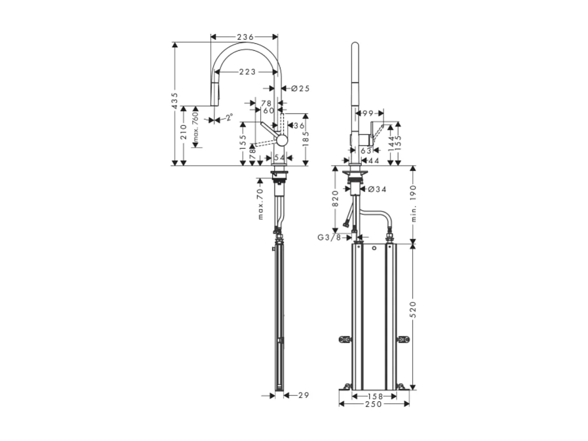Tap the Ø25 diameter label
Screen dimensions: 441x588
tap(300, 88)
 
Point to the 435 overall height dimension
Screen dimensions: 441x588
tap(175, 101)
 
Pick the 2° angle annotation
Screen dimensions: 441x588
tap(229, 117)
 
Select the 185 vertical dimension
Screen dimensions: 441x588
tap(306, 140)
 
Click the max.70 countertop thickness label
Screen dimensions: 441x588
tap(261, 204)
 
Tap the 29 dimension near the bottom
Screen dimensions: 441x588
tap(303, 395)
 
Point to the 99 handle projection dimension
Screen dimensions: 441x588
tap(368, 113)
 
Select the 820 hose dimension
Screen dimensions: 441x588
tap(335, 198)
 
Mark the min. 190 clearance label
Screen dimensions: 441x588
tap(413, 204)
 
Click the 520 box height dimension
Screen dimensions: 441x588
tap(413, 309)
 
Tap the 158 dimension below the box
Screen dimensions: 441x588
tap(374, 396)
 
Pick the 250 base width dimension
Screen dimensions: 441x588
tap(374, 404)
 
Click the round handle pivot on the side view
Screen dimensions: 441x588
tap(282, 140)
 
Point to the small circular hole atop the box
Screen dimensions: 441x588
tap(375, 248)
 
